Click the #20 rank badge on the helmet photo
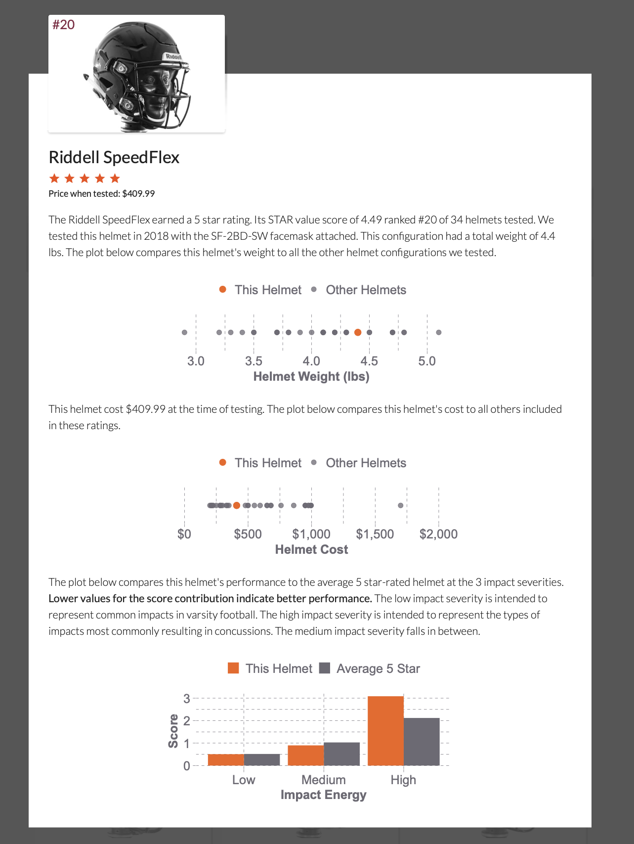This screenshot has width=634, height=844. click(x=64, y=25)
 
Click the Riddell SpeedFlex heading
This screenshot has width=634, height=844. click(x=114, y=157)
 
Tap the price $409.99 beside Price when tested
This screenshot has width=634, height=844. click(x=138, y=194)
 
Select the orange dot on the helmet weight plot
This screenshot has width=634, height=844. click(x=358, y=332)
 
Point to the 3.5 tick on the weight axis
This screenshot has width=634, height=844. click(x=254, y=361)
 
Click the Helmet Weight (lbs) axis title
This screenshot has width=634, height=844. click(x=311, y=377)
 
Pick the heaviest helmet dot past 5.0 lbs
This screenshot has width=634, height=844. click(x=439, y=332)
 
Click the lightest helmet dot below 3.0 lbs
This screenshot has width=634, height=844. click(x=184, y=332)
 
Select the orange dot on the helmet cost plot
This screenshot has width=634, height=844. click(x=237, y=505)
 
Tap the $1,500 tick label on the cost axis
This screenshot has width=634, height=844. click(x=375, y=534)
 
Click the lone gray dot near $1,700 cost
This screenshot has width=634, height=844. click(x=400, y=505)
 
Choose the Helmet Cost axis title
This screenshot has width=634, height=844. click(x=311, y=550)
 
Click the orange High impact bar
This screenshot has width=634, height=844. click(x=385, y=731)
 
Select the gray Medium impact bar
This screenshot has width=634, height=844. click(x=342, y=754)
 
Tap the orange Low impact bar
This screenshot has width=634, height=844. click(x=226, y=760)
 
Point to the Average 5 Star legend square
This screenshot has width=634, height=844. click(x=325, y=668)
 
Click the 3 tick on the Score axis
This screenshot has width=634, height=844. click(x=187, y=699)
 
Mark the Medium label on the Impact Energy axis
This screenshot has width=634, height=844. click(x=324, y=780)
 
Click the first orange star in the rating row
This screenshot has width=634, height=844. click(x=54, y=178)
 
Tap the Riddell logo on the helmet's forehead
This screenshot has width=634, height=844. click(x=173, y=57)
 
